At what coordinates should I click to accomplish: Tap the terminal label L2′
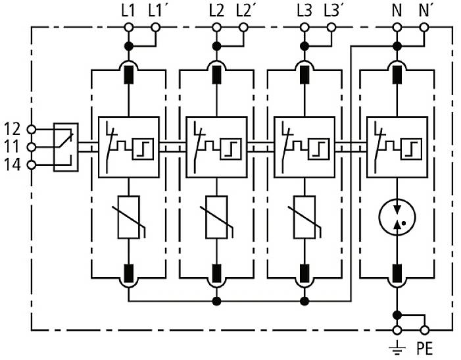[x=244, y=11]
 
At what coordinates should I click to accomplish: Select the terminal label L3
[x=304, y=11]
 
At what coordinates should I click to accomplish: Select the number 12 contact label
[x=12, y=128]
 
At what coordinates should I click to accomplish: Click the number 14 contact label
[x=12, y=164]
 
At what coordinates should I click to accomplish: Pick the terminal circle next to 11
[x=33, y=146]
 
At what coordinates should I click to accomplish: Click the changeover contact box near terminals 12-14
[x=66, y=146]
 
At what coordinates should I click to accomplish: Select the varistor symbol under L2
[x=216, y=217]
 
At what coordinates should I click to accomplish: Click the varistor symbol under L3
[x=304, y=217]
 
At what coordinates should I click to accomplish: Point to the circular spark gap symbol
[x=397, y=217]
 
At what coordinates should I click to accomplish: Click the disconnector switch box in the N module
[x=397, y=147]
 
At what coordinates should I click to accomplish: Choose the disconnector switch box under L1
[x=128, y=147]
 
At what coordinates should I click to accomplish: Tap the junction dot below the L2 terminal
[x=216, y=45]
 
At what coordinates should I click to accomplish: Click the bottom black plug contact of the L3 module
[x=304, y=271]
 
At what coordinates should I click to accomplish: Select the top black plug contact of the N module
[x=397, y=73]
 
